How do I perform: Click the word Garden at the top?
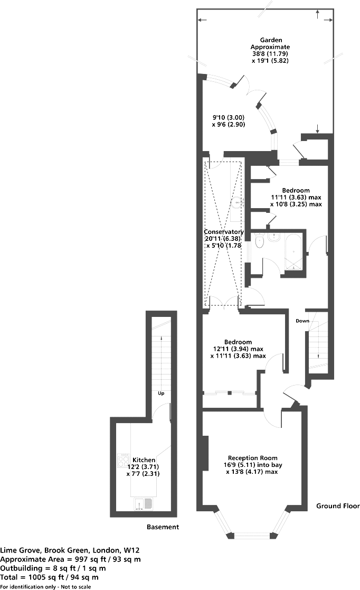[x=270, y=40]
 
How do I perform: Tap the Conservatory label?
[x=224, y=232]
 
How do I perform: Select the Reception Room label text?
[x=252, y=457]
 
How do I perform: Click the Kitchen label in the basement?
[x=144, y=460]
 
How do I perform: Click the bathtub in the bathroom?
[x=294, y=252]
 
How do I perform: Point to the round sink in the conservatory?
[x=238, y=202]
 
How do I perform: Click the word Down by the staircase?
[x=302, y=321]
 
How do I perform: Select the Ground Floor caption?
[x=338, y=506]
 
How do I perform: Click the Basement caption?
[x=163, y=527]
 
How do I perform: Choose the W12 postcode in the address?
[x=133, y=550]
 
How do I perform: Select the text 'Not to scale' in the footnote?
[x=75, y=587]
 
